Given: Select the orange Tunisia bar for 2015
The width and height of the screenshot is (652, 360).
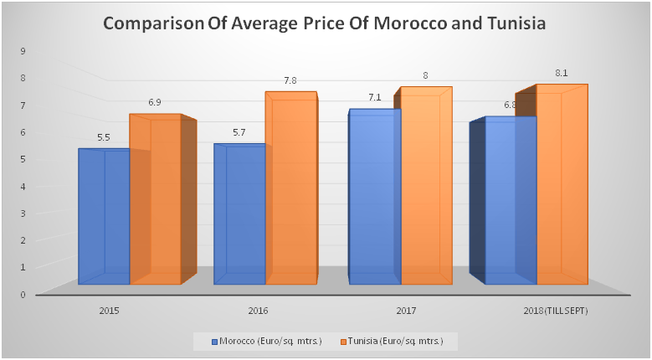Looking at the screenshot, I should coord(156,201).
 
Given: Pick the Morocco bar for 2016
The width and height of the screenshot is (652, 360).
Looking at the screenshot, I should coord(239,213).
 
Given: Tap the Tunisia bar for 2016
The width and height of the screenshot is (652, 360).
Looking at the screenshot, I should coord(291,188).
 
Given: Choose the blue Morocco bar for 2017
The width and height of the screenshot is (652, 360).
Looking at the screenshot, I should coord(375,197).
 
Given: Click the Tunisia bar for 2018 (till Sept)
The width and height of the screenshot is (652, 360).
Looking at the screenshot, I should coord(562,184).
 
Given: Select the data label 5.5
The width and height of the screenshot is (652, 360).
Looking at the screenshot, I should coord(104,137).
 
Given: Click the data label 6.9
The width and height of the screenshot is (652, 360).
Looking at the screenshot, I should coord(155,102).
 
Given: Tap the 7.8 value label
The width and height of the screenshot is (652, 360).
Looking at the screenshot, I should coord(290,80).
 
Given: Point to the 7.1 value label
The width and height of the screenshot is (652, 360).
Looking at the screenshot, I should coord(374,98).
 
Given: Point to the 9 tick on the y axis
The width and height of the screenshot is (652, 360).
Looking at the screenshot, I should coord(23,51).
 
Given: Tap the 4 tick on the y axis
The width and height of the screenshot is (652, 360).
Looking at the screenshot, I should coord(23,186).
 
